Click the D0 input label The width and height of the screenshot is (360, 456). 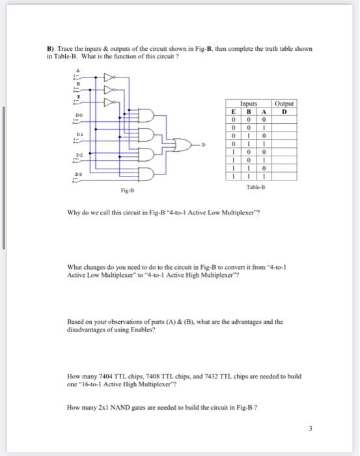point(78,113)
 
